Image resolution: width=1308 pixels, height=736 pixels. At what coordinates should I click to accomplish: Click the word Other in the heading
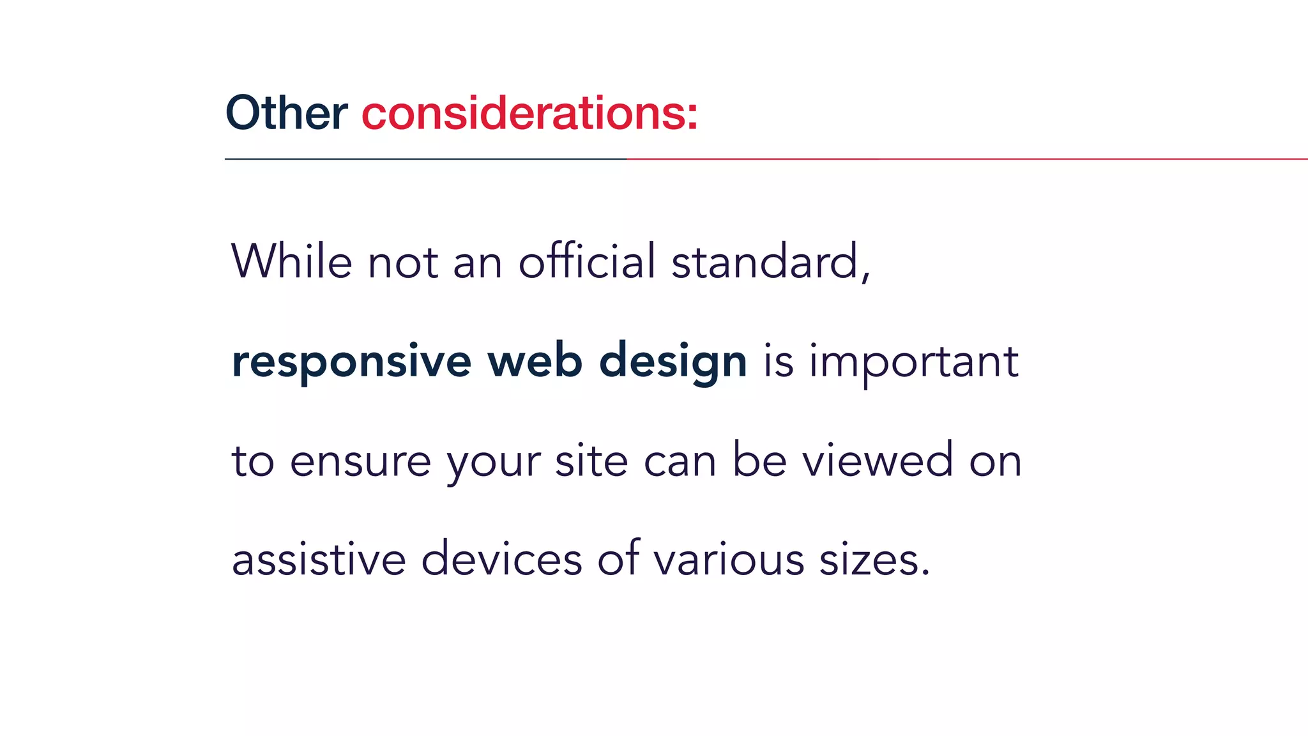[x=286, y=113]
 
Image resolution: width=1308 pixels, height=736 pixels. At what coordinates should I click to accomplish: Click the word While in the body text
[x=291, y=261]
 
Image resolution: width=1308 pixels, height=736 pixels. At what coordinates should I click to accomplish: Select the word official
[x=587, y=261]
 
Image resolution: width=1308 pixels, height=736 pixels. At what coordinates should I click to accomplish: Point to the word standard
[x=764, y=261]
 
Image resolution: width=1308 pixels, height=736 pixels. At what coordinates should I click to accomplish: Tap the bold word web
[x=535, y=361]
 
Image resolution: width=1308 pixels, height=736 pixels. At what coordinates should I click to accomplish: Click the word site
[x=591, y=460]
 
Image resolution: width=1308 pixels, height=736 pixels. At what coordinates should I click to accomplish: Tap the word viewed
[x=878, y=460]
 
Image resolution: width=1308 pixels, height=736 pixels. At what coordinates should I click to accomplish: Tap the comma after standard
[x=865, y=277]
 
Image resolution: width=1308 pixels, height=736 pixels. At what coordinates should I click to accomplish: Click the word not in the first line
[x=403, y=263]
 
